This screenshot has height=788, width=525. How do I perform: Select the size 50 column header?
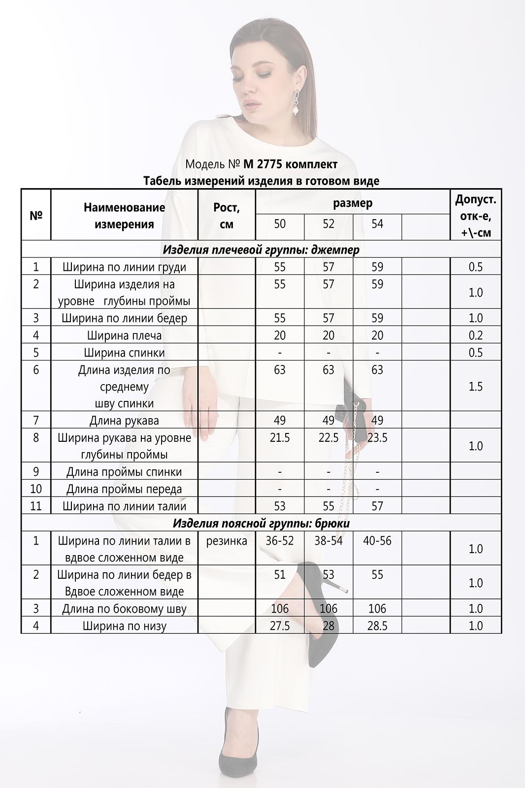pyautogui.click(x=280, y=224)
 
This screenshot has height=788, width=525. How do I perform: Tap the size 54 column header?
pyautogui.click(x=377, y=224)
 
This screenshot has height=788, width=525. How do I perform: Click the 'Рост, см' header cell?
pyautogui.click(x=227, y=216)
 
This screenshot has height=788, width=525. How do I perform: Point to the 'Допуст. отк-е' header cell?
pyautogui.click(x=476, y=216)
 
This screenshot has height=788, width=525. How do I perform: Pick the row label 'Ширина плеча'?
pyautogui.click(x=124, y=335)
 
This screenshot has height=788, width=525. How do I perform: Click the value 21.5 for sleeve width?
pyautogui.click(x=280, y=438)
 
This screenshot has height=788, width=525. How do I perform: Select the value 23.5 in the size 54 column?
pyautogui.click(x=377, y=438)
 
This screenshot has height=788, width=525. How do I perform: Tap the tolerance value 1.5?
pyautogui.click(x=476, y=387)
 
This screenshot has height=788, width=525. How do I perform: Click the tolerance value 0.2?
pyautogui.click(x=476, y=335)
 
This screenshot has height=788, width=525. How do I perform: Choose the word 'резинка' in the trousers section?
pyautogui.click(x=227, y=541)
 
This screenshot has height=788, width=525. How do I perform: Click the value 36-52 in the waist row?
pyautogui.click(x=280, y=541)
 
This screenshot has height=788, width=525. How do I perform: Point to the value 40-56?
pyautogui.click(x=377, y=541)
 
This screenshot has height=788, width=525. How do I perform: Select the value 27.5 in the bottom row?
pyautogui.click(x=280, y=626)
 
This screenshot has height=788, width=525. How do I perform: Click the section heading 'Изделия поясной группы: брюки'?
pyautogui.click(x=261, y=524)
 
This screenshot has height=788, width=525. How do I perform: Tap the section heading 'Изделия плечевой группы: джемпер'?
pyautogui.click(x=261, y=250)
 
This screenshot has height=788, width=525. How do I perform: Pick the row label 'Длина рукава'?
pyautogui.click(x=124, y=421)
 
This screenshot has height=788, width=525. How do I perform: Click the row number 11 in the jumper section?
pyautogui.click(x=36, y=506)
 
